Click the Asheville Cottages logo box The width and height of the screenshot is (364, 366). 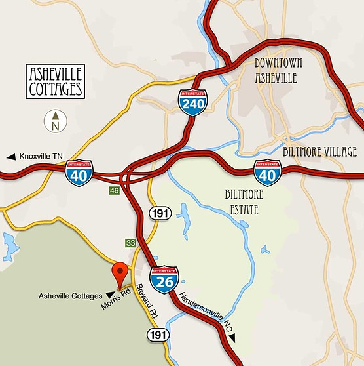(55, 81)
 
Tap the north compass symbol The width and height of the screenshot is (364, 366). (56, 121)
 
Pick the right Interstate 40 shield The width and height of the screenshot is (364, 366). (266, 172)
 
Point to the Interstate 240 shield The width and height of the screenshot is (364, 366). (193, 103)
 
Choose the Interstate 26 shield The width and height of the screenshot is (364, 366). (164, 279)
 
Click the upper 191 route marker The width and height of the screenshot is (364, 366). (159, 213)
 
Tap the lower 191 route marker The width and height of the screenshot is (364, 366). (158, 335)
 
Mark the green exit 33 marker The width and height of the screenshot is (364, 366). (131, 243)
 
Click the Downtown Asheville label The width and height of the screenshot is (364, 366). (276, 71)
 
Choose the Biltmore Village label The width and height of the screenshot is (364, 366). (319, 152)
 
